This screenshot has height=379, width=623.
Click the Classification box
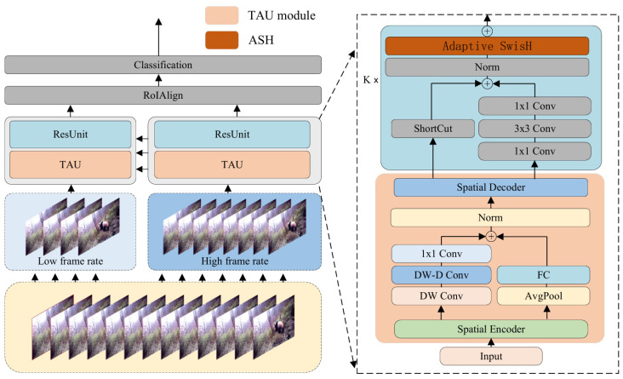163,65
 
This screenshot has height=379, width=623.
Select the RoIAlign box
163,95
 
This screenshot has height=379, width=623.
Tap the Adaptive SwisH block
487,46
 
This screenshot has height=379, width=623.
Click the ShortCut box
432,129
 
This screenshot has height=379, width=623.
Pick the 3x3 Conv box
534,129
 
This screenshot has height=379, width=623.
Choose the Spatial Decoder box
491,187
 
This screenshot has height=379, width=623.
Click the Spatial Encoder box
491,330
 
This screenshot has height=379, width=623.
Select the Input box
491,356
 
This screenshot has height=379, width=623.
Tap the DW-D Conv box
441,275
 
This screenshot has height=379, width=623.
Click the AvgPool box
544,296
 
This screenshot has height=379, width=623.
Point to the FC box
544,275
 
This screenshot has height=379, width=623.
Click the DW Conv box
441,296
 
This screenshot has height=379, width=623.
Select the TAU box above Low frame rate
71,164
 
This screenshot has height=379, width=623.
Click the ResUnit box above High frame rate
232,135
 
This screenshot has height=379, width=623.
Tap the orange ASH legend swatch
221,40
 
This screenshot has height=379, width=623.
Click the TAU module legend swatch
221,15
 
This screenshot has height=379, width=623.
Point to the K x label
371,80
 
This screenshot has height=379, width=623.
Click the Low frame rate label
71,261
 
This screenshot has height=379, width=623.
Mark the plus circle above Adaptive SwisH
487,31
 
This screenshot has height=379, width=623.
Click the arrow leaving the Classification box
158,37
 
